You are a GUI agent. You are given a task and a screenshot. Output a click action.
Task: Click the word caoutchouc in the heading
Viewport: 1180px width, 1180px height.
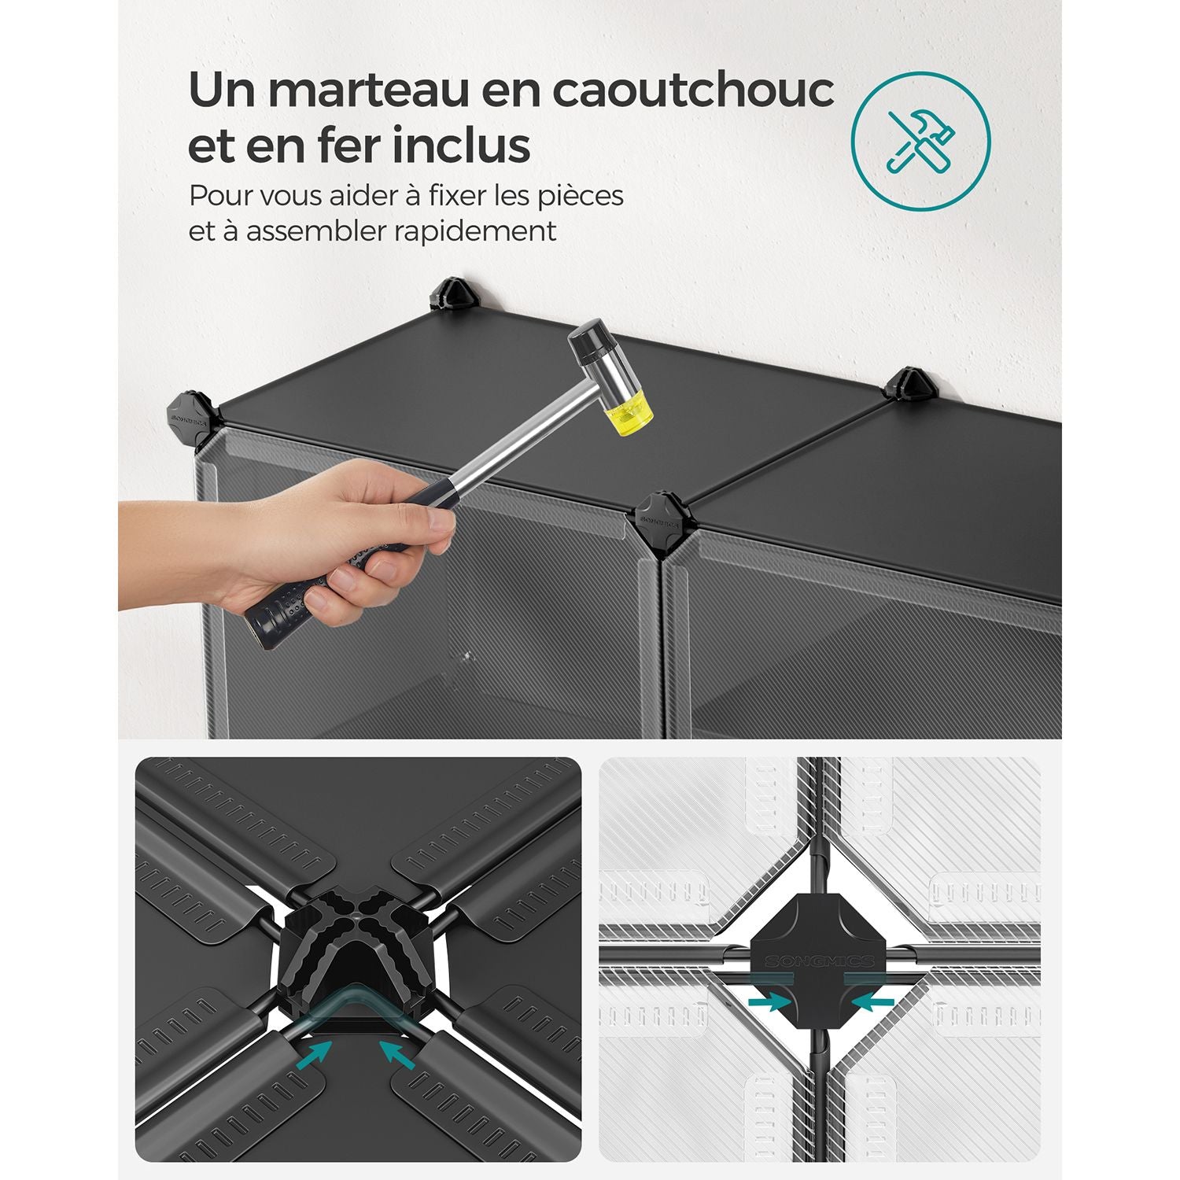tap(693, 90)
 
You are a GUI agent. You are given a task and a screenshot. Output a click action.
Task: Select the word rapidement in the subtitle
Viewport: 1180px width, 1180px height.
tap(479, 231)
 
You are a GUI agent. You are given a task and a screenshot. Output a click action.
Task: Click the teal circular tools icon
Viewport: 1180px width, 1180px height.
tap(920, 141)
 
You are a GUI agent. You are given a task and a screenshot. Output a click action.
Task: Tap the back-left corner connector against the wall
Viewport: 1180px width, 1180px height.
tap(452, 293)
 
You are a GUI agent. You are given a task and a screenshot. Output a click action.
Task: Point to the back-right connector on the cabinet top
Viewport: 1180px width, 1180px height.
tap(910, 385)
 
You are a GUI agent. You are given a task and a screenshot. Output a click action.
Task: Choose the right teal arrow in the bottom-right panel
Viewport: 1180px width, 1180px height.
tap(872, 1001)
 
